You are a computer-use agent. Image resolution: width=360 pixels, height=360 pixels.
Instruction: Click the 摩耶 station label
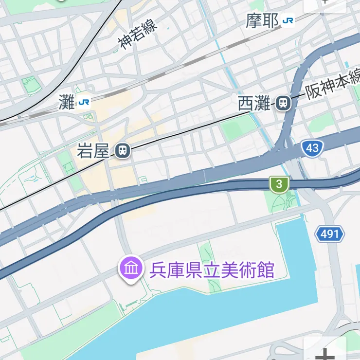(x=262, y=21)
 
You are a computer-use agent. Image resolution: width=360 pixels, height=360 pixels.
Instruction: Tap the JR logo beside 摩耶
(x=288, y=20)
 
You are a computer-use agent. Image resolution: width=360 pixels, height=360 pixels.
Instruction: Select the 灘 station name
(x=66, y=102)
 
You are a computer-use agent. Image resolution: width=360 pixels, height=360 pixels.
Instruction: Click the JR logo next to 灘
(x=83, y=102)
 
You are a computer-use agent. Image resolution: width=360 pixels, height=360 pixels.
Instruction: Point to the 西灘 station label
(x=253, y=103)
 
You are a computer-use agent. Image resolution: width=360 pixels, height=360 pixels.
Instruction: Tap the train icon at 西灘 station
(x=283, y=103)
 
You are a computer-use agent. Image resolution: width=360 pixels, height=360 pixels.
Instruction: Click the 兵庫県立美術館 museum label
(x=212, y=270)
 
